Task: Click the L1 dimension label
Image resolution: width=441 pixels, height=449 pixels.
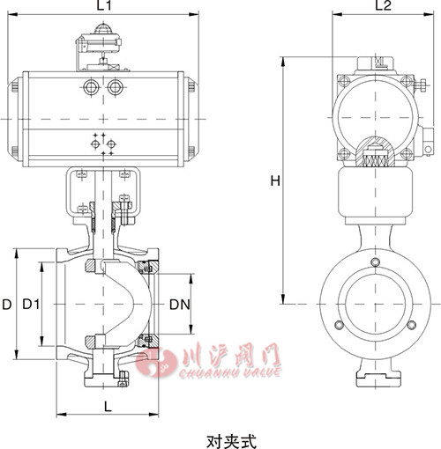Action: (x=103, y=7)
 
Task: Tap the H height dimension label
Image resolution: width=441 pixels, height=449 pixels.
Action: (x=275, y=180)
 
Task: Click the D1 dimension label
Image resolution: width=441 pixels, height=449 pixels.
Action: (x=31, y=305)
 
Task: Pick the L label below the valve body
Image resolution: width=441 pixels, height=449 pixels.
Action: (x=107, y=406)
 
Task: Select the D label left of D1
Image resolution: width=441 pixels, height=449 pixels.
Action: (x=7, y=305)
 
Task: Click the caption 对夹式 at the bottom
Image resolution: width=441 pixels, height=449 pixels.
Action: (x=220, y=438)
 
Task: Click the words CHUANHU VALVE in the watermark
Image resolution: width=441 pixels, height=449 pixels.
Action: (x=219, y=373)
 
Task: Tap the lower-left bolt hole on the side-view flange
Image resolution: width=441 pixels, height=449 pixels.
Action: (x=340, y=328)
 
